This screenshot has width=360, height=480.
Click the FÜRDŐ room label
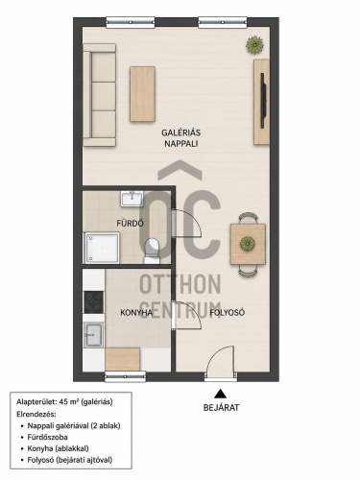[x=130, y=223]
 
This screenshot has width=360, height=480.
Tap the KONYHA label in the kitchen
[x=136, y=313]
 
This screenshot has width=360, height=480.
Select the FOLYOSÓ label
[x=228, y=313]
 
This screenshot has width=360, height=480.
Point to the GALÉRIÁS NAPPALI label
[x=181, y=138]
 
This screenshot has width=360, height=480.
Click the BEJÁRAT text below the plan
[x=221, y=407]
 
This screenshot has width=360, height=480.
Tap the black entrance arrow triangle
[x=220, y=394]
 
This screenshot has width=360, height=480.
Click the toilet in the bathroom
[x=152, y=251]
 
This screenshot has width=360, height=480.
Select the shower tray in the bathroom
[x=102, y=248]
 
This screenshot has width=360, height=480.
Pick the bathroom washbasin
[x=132, y=199]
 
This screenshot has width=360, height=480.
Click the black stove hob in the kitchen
[x=94, y=302]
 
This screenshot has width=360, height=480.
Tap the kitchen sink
[x=93, y=335]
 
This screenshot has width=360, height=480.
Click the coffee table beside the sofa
[x=142, y=94]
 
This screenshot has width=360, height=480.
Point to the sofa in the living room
[x=100, y=95]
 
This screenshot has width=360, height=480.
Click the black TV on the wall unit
[x=263, y=101]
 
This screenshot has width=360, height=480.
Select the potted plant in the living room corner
[x=254, y=45]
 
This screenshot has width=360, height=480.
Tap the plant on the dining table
[x=248, y=244]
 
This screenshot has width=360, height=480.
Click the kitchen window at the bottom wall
[x=126, y=377]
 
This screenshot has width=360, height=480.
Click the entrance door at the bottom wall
[x=221, y=363]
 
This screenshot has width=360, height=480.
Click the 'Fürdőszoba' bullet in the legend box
[x=47, y=437]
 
